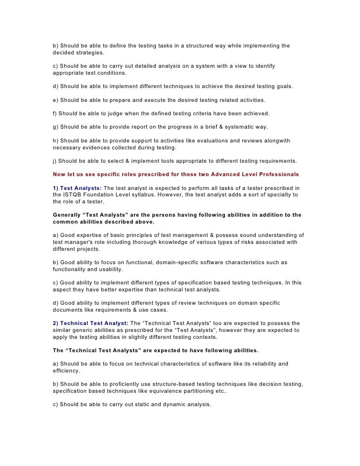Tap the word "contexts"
[203, 337]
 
